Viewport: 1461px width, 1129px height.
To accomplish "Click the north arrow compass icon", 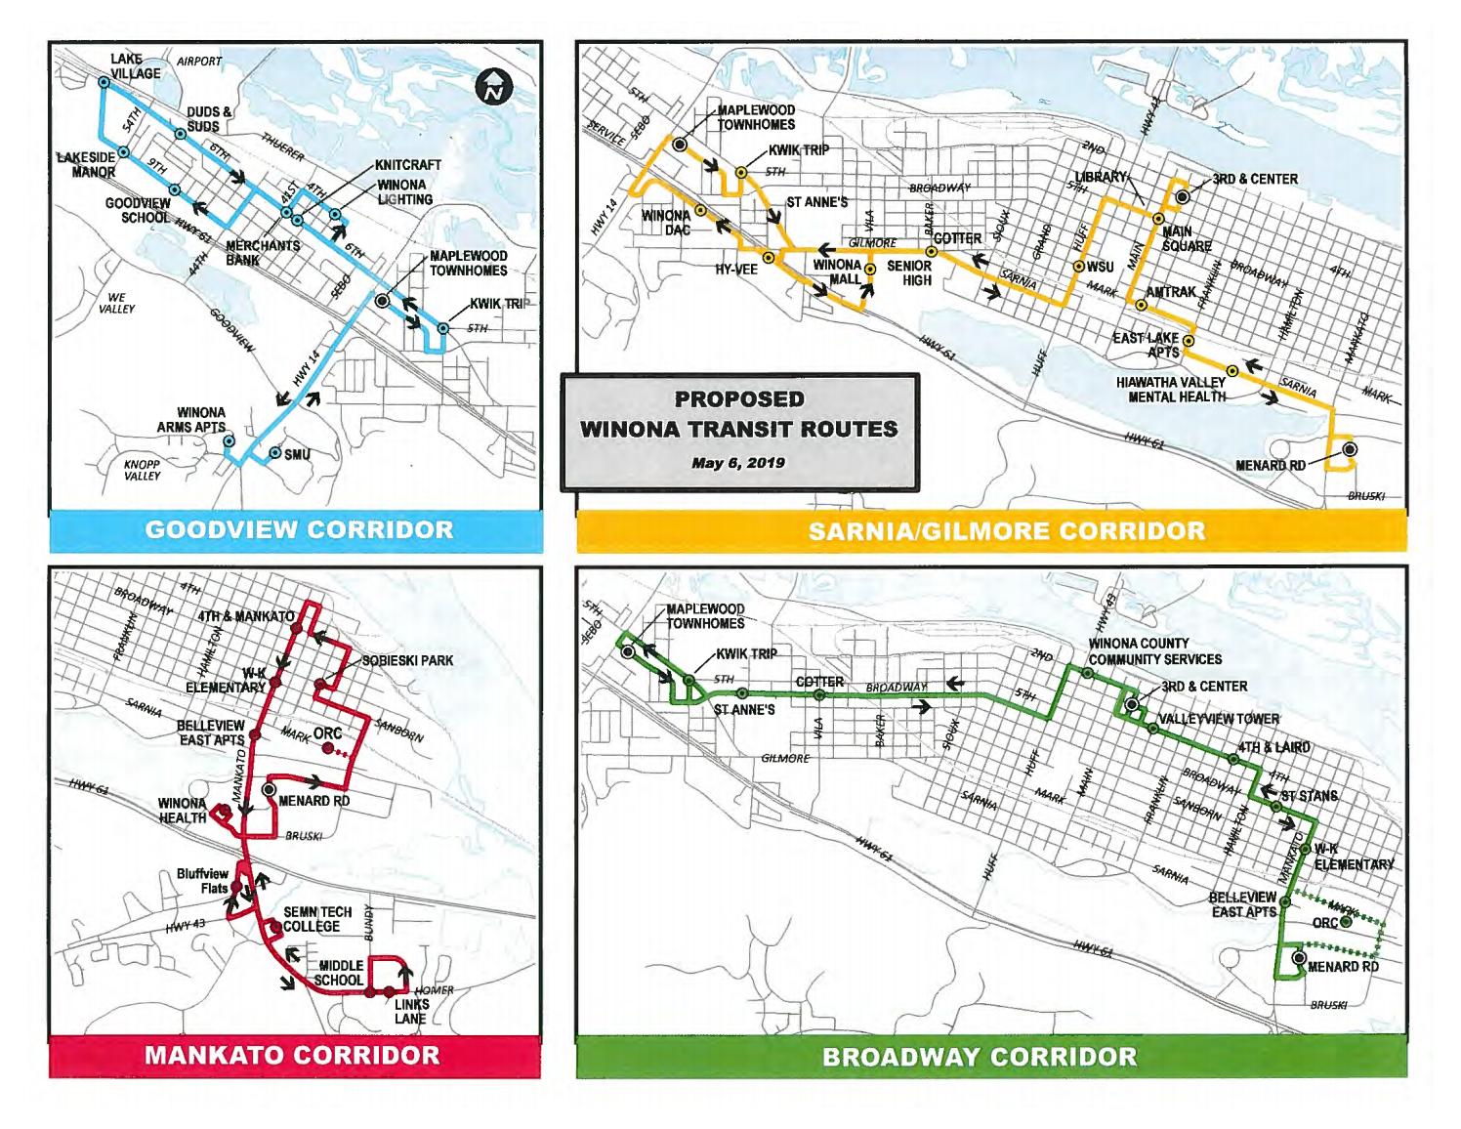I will tap(495, 87).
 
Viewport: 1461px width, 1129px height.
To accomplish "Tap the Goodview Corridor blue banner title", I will tap(299, 529).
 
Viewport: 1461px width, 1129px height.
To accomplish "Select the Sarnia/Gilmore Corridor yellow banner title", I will tap(1006, 531).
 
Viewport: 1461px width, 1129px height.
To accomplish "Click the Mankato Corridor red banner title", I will tap(292, 1055).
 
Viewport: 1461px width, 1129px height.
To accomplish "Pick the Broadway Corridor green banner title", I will tap(979, 1057).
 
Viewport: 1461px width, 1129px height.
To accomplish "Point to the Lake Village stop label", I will tap(135, 66).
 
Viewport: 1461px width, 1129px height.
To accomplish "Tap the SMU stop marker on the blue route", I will tap(275, 453).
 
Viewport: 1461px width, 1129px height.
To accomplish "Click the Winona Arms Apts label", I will tap(191, 420).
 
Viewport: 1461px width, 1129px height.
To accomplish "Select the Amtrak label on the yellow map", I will tap(1170, 292).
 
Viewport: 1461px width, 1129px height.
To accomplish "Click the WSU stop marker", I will tap(1079, 267).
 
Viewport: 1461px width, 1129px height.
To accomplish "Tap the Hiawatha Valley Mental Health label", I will tap(1170, 389).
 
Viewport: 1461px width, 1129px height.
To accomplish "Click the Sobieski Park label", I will tap(407, 660).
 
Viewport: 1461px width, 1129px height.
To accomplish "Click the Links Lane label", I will tap(410, 1011).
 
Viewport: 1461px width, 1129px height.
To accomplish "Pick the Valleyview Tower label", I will tap(1218, 719).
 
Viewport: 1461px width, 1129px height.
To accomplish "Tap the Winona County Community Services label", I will tap(1153, 651).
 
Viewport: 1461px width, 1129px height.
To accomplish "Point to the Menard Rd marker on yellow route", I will tap(1350, 449).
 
